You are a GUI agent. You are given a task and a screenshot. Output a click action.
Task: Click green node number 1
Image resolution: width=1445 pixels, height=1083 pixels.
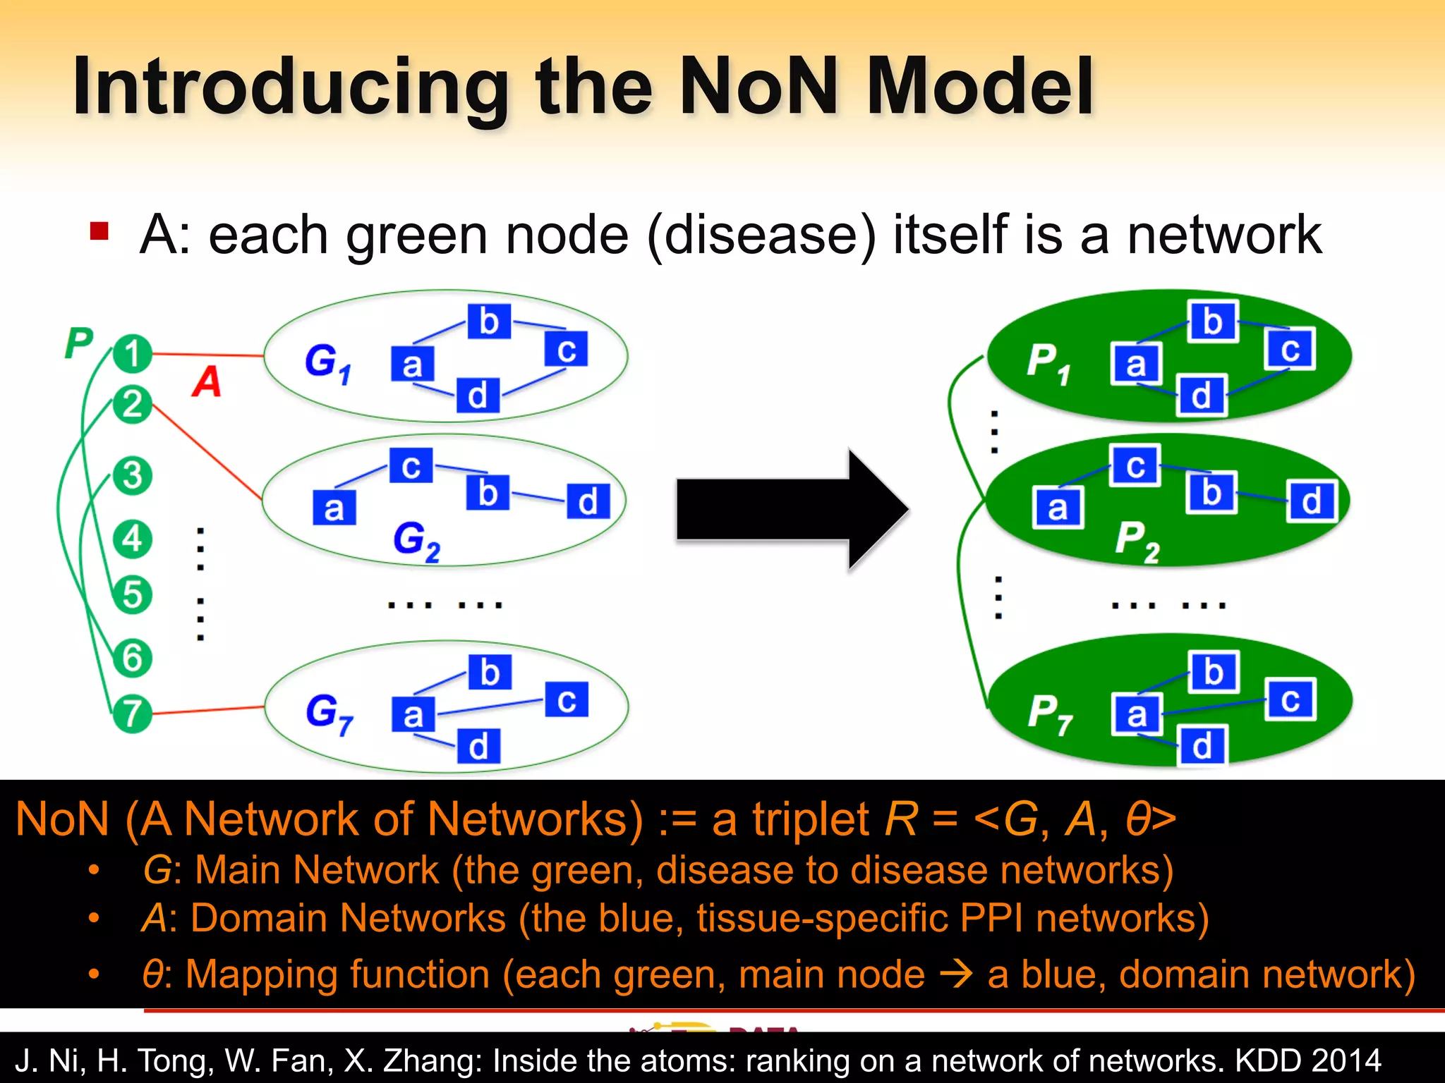[132, 353]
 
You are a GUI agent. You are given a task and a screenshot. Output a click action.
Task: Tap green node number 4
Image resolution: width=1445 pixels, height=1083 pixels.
[132, 539]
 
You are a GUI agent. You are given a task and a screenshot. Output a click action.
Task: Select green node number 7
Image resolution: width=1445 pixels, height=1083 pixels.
[132, 714]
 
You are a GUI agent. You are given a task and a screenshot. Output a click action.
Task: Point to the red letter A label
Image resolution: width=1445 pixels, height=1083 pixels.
[207, 381]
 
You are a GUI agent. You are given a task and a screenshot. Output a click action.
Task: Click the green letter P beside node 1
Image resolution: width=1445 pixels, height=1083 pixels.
[78, 343]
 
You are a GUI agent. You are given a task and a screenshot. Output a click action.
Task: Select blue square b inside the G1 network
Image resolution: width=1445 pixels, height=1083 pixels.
[489, 322]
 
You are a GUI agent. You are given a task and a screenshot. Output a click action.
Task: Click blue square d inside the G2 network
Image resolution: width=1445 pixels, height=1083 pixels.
[588, 501]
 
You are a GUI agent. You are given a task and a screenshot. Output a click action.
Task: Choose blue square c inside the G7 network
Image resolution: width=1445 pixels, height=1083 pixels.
[566, 699]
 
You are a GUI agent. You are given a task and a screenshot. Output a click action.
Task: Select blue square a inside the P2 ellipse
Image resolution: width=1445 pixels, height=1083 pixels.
[1057, 508]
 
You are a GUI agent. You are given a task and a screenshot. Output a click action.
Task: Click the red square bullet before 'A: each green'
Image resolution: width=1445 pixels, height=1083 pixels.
[99, 231]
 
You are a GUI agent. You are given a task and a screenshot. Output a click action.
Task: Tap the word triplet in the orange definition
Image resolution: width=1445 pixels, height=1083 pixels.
[811, 819]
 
